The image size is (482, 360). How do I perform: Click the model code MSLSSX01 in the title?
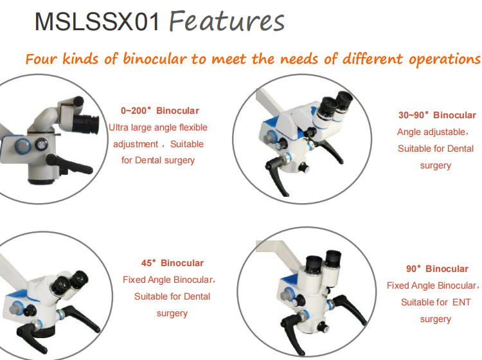[97, 21]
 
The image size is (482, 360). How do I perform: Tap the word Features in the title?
[227, 21]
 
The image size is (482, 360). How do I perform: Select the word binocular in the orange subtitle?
[155, 59]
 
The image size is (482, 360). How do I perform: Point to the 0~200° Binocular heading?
[160, 111]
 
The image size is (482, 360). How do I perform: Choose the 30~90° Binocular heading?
[437, 115]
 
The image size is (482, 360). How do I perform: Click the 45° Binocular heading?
[172, 263]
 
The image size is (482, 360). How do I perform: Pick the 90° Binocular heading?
[437, 269]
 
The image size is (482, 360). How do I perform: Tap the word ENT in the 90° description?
[461, 302]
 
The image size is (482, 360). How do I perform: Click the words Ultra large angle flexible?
[158, 127]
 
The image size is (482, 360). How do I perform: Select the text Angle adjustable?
[431, 132]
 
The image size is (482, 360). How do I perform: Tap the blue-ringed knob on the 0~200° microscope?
[22, 145]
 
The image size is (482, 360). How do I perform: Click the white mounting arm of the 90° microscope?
[278, 252]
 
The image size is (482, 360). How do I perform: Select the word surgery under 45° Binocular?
[172, 314]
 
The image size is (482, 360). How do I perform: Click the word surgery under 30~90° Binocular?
[436, 166]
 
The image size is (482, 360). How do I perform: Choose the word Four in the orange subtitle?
[41, 59]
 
